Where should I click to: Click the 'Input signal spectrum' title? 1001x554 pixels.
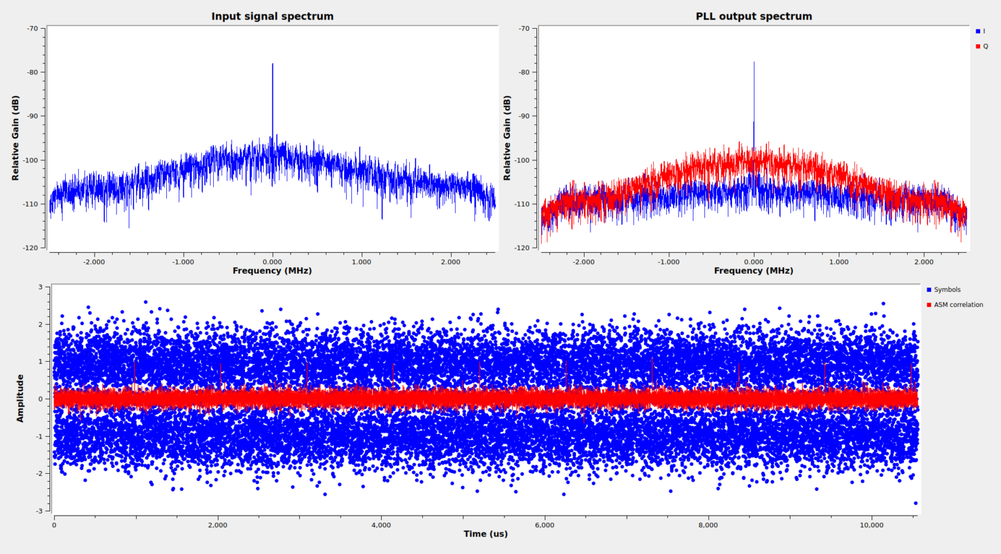tap(272, 16)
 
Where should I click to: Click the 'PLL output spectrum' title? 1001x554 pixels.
tap(753, 16)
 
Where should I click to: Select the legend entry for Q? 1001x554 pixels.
tap(982, 46)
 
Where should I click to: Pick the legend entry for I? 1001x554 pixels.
tap(981, 31)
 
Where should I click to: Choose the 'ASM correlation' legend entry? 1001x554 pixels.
tap(955, 304)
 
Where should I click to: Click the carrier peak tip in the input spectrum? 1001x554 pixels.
tap(272, 64)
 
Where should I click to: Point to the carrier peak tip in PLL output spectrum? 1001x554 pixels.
tap(754, 63)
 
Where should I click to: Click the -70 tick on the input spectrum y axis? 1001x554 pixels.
tap(33, 29)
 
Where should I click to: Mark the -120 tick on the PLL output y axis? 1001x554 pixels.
tap(524, 248)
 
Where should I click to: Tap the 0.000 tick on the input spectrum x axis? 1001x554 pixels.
tap(272, 262)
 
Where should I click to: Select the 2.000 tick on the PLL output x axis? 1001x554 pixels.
tap(923, 262)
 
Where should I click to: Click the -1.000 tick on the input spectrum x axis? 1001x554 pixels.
tap(183, 262)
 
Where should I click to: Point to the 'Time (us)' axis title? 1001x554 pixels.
tap(486, 534)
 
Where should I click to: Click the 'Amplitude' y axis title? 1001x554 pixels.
tap(20, 398)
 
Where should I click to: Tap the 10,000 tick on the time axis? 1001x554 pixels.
tap(871, 525)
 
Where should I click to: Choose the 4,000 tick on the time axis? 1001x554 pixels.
tap(381, 525)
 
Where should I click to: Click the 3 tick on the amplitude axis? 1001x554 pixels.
tap(40, 287)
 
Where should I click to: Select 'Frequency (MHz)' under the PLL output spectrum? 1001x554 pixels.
tap(753, 270)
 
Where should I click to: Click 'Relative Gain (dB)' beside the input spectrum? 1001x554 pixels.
tap(16, 138)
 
